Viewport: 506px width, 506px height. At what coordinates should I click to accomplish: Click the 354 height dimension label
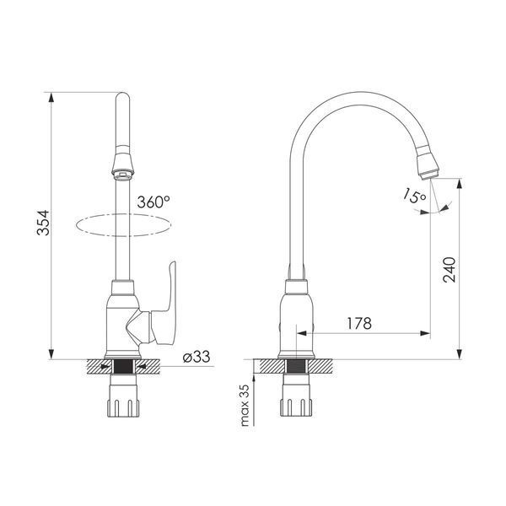(x=43, y=223)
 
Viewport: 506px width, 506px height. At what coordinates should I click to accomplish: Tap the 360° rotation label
(x=153, y=202)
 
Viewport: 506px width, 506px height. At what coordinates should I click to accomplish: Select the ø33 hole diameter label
(x=196, y=358)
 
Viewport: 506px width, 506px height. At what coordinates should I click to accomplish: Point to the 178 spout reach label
(x=359, y=323)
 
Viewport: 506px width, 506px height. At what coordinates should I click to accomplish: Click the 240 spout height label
(x=449, y=270)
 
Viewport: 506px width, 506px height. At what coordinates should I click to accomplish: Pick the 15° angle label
(x=414, y=196)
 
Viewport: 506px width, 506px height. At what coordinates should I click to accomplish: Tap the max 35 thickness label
(x=245, y=406)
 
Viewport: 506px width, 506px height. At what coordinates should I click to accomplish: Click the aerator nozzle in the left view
(x=122, y=165)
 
